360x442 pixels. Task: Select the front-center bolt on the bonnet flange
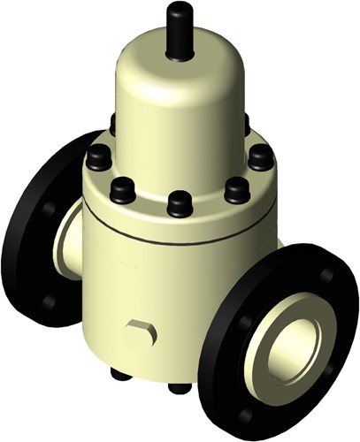pyautogui.click(x=180, y=202)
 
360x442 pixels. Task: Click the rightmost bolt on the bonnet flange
pyautogui.click(x=260, y=156)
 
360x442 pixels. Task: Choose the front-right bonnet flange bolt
pyautogui.click(x=237, y=188)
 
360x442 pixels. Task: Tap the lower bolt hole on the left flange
pyautogui.click(x=49, y=301)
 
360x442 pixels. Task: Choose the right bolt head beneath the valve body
pyautogui.click(x=180, y=387)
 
